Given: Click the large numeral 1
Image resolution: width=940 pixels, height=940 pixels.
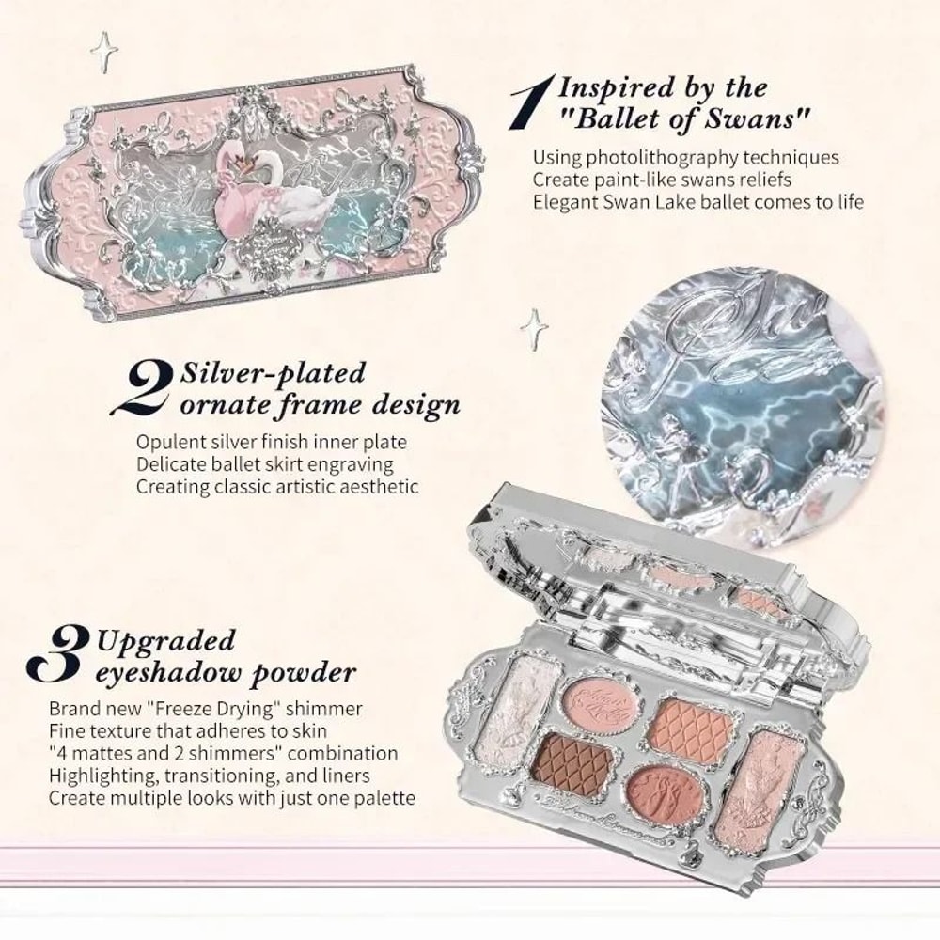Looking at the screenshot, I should coord(528,104).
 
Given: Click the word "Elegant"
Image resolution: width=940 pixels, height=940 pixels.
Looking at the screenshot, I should coord(562,201).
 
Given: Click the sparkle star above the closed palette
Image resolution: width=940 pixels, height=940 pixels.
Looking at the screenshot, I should coord(102,52).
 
